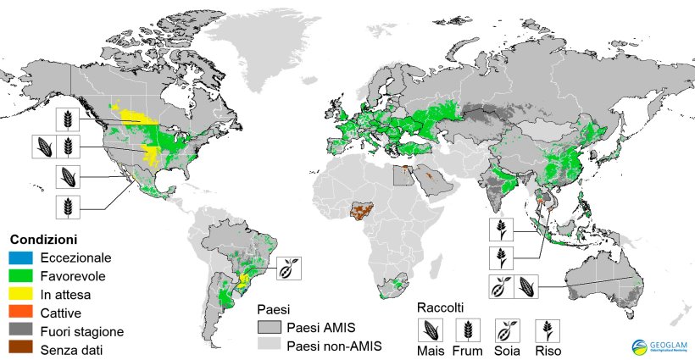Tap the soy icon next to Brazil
pos(288,268)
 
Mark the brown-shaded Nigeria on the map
pos(365,211)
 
